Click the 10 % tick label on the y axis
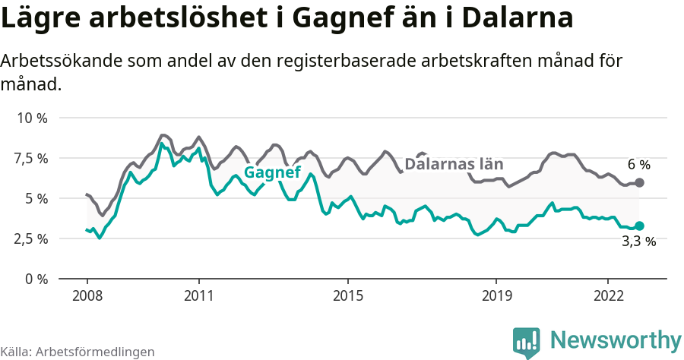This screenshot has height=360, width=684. coord(32,118)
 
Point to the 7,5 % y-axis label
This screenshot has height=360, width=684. coord(31,159)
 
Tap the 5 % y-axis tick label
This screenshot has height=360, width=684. coord(36,198)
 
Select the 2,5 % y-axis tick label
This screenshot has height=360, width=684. coord(31,238)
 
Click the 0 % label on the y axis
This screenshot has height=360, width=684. coord(36,279)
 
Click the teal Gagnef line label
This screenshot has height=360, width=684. coord(272,173)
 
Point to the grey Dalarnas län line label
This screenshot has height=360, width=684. coord(454,164)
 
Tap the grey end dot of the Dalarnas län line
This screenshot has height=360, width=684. coord(639,182)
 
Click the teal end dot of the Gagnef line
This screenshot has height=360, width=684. coord(639,226)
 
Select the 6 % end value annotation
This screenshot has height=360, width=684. coord(638,164)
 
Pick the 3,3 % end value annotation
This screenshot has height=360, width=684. coord(638,242)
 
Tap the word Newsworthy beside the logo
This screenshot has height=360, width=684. coord(616,340)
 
